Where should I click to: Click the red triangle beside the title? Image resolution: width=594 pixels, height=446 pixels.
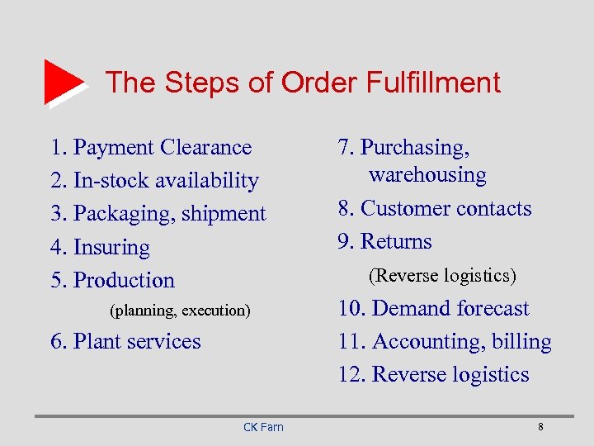[x=63, y=82]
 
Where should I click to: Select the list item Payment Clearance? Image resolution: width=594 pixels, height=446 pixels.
[x=151, y=147]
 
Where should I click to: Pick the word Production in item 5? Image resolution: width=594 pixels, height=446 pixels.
[x=124, y=280]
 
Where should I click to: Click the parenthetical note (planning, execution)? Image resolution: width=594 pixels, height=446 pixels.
[x=179, y=311]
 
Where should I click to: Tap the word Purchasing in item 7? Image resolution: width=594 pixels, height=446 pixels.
[x=415, y=147]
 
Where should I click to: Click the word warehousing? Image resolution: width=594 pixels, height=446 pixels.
[x=427, y=175]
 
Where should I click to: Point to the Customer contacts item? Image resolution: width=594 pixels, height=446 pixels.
[x=435, y=208]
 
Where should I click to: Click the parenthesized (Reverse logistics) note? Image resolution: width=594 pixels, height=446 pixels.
[x=442, y=274]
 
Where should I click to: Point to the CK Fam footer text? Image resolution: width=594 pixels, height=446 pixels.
[x=263, y=427]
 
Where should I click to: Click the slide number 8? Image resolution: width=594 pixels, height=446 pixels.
[x=540, y=427]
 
